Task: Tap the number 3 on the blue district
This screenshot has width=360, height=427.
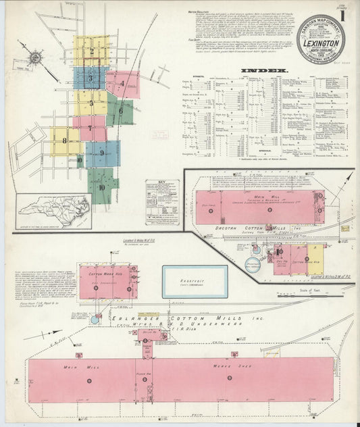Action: coord(89,78)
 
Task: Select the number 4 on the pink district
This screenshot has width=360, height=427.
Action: coord(122,84)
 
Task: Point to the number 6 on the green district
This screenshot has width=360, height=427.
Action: coord(120,111)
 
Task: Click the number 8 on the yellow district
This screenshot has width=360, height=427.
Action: coord(64,141)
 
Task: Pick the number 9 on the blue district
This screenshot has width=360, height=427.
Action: coord(102,153)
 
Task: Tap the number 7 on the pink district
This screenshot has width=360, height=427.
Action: coord(89,128)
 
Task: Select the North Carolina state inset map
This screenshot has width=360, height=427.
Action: coord(54,210)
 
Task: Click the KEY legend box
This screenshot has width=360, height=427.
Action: coord(162,202)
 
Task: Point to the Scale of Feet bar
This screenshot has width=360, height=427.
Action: coord(314,295)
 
